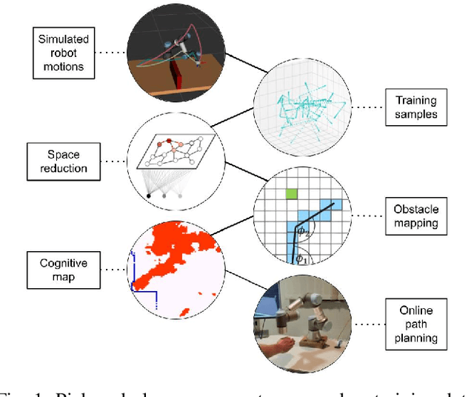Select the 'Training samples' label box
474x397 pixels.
coord(415,107)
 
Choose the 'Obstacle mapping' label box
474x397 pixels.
coord(415,216)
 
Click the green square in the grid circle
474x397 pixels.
coord(293,195)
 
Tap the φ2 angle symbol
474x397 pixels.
coord(302,235)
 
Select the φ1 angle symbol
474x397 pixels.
coord(301,258)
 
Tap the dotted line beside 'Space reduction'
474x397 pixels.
coord(112,161)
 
